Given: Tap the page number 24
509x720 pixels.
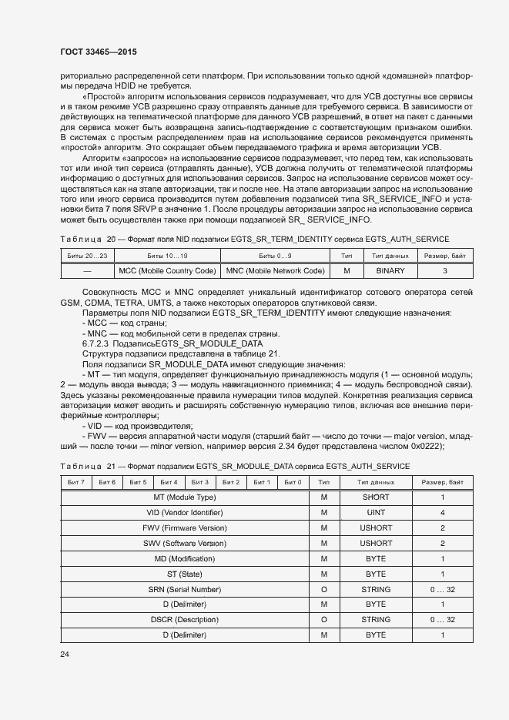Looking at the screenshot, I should click(64, 654).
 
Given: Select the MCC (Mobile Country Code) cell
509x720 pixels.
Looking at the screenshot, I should click(166, 271).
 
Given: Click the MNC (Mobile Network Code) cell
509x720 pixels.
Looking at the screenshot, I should click(274, 271).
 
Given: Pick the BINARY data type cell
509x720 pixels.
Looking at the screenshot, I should click(390, 271).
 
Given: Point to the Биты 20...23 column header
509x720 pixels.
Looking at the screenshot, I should click(86, 256).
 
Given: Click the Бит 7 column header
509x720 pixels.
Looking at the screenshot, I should click(76, 482).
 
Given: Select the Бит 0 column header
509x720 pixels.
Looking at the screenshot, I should click(293, 482).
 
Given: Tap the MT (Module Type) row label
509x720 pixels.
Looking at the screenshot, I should click(185, 497).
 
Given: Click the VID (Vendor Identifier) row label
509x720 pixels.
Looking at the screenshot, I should click(185, 513).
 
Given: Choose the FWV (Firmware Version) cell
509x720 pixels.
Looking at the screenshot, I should click(185, 528).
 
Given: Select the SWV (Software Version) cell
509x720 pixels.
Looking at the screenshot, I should click(185, 544).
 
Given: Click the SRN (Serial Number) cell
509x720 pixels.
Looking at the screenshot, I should click(185, 589).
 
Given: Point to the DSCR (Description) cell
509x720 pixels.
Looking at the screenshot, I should click(185, 619).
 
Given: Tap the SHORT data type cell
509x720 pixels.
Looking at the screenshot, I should click(376, 497).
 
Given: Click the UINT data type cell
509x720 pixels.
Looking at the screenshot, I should click(376, 513).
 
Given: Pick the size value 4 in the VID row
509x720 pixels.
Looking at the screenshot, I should click(443, 513).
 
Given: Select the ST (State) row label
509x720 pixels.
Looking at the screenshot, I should click(185, 574).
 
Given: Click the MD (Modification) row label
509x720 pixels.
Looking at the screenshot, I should click(185, 558).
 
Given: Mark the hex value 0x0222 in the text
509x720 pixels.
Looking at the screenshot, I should click(424, 447).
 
